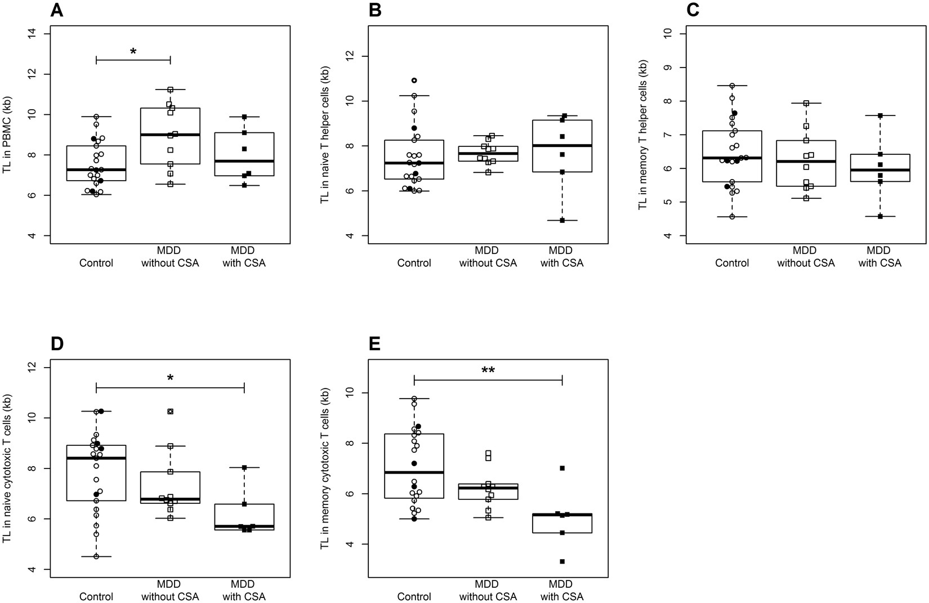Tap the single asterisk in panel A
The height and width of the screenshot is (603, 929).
click(x=133, y=52)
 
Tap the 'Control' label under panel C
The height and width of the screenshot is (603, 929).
click(x=733, y=263)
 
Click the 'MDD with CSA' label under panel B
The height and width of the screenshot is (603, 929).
click(x=562, y=257)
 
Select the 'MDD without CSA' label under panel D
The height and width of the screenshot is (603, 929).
click(x=170, y=590)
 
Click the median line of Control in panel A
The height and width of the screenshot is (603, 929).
click(x=96, y=169)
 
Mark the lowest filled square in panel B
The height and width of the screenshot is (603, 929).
click(x=562, y=221)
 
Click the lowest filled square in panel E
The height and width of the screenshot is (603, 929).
click(x=562, y=561)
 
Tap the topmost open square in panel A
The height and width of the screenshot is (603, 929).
click(x=170, y=90)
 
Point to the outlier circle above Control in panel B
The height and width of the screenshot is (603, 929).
click(x=414, y=81)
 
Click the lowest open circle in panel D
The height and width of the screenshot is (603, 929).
click(x=96, y=556)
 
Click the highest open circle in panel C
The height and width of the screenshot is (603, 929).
click(x=732, y=86)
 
